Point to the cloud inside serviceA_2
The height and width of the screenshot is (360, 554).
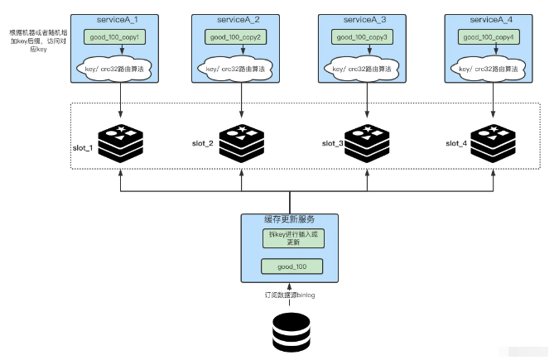241,69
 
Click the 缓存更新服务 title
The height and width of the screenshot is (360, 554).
289,220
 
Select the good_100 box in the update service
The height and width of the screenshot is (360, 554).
289,266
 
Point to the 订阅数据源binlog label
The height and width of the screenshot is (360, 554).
289,295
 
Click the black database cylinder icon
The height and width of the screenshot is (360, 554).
289,331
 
